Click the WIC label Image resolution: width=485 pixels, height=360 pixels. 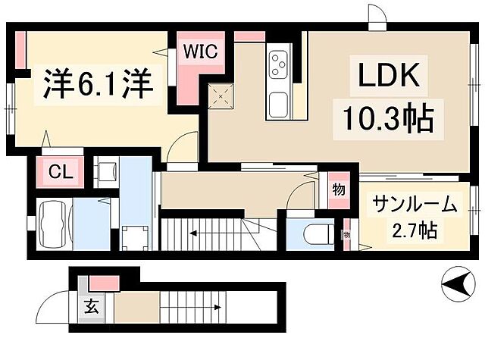(201, 52)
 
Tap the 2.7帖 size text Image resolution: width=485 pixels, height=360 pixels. (417, 228)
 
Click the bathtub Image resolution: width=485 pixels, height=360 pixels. (52, 222)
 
